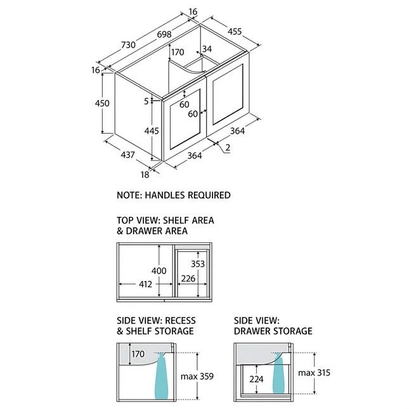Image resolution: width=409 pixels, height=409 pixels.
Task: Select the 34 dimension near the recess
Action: pyautogui.click(x=207, y=49)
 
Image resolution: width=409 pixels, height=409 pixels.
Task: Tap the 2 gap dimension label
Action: pyautogui.click(x=226, y=148)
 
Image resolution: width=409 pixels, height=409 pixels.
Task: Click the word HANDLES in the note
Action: pyautogui.click(x=164, y=195)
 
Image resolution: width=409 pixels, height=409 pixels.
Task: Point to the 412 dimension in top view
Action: pyautogui.click(x=146, y=284)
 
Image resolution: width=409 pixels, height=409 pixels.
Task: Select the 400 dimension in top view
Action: pyautogui.click(x=159, y=271)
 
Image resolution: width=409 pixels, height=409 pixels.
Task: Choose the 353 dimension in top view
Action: pyautogui.click(x=198, y=263)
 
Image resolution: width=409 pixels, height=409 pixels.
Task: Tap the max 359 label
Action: pyautogui.click(x=197, y=376)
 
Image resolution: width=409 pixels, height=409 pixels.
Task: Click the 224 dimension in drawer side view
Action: pyautogui.click(x=256, y=379)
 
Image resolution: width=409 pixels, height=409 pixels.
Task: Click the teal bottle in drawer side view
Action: pyautogui.click(x=278, y=375)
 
